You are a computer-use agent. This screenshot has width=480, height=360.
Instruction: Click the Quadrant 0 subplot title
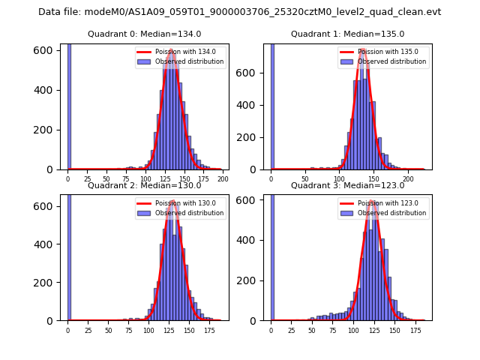pyautogui.click(x=145, y=34)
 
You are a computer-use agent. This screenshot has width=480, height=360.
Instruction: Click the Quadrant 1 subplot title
pyautogui.click(x=347, y=34)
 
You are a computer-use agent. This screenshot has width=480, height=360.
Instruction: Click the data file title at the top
pyautogui.click(x=240, y=12)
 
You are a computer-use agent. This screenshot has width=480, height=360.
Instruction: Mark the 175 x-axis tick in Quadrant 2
pyautogui.click(x=209, y=330)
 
